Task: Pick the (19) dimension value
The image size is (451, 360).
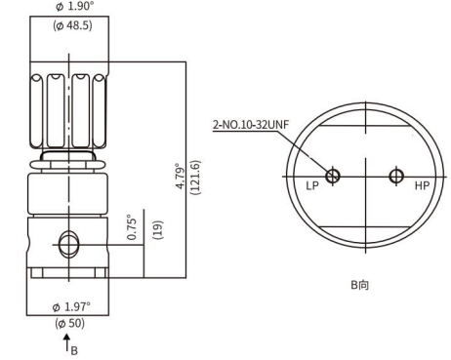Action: point(156,230)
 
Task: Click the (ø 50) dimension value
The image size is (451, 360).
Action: point(68,325)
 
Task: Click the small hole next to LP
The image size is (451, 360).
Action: point(333,176)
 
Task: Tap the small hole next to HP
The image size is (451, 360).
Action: point(395,176)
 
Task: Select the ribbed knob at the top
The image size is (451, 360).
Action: point(68,107)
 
